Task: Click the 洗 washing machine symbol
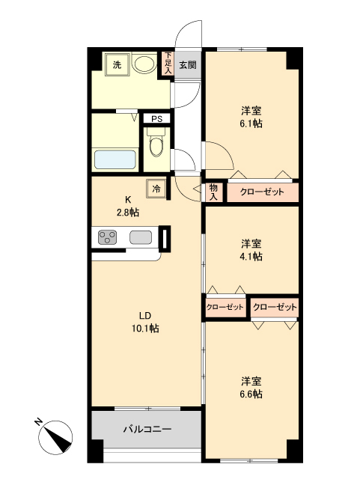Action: click(117, 65)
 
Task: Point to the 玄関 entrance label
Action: click(187, 65)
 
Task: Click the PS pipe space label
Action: click(156, 118)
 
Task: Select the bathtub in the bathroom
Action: click(115, 160)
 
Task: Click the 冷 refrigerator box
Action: click(156, 189)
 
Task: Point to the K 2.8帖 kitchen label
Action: click(127, 206)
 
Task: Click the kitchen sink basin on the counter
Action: click(141, 238)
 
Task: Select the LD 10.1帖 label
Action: click(147, 322)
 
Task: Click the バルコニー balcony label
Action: click(147, 430)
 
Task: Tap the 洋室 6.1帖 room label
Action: click(251, 117)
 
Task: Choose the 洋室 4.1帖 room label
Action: click(251, 250)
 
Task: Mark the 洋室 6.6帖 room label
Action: click(251, 387)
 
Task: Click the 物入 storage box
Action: click(213, 192)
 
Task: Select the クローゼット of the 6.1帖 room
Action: click(262, 192)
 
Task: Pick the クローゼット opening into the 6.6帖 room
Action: click(275, 307)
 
